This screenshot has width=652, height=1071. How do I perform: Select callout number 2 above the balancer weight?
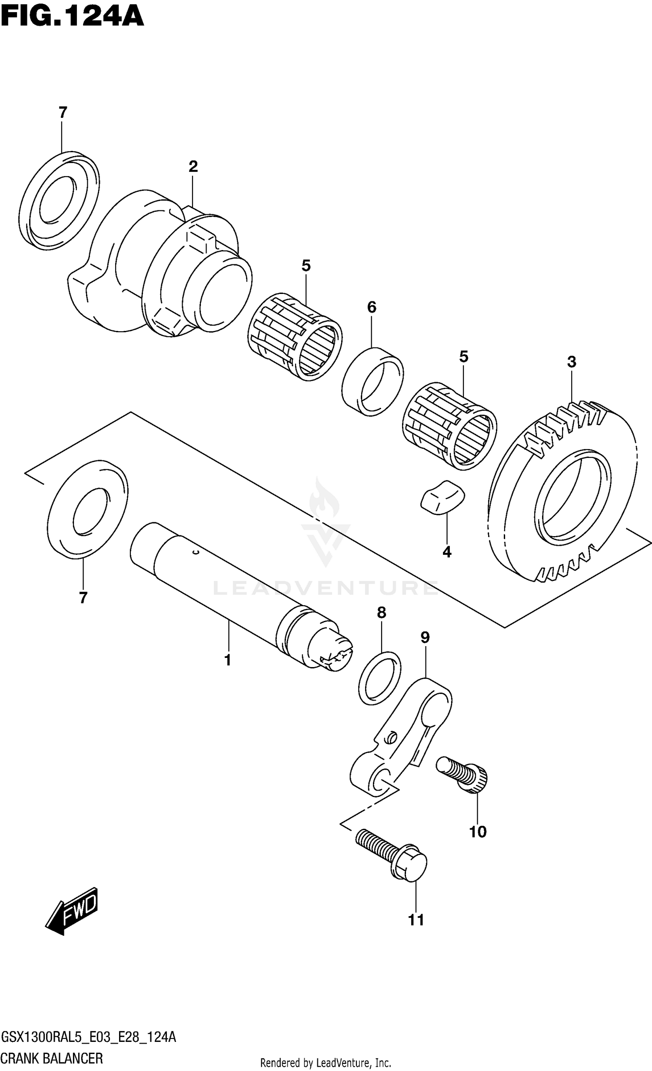coord(193,166)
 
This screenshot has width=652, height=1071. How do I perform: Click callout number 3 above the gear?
coord(572,362)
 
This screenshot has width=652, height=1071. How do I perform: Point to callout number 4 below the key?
coord(447,552)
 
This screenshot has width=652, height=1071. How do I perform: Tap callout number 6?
coord(372,307)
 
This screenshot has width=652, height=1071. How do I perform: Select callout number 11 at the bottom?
coord(416,920)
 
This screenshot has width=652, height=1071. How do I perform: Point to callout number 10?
coord(477,832)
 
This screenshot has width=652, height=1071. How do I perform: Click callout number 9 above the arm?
coord(425,638)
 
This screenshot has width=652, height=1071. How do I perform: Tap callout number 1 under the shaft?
coord(227,661)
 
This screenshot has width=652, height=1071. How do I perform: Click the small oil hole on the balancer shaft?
coord(196,553)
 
